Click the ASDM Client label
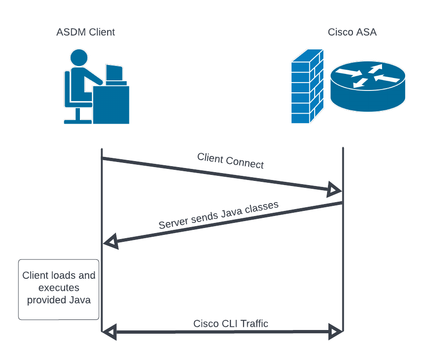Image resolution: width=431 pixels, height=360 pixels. [x=85, y=32]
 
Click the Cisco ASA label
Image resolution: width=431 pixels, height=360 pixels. [x=352, y=32]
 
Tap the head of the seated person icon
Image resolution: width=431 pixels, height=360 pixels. [x=79, y=57]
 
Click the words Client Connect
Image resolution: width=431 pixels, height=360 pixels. [x=231, y=160]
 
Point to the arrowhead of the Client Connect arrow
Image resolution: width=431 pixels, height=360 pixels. [x=334, y=189]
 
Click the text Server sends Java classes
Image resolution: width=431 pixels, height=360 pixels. [x=219, y=215]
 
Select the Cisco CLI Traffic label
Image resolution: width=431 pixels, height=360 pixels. [x=231, y=324]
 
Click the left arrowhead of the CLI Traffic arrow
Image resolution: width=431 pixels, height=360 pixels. [x=109, y=331]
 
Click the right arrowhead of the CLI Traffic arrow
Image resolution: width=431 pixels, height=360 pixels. [x=334, y=331]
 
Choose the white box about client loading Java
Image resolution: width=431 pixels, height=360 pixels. [x=59, y=289]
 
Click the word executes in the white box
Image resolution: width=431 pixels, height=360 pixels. [x=59, y=288]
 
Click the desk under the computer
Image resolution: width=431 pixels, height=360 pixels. [x=111, y=105]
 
